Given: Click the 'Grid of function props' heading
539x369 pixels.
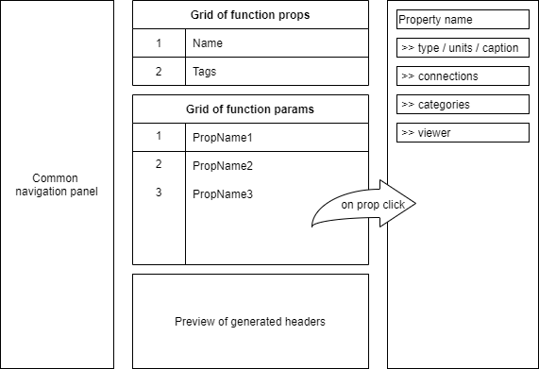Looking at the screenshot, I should (250, 15).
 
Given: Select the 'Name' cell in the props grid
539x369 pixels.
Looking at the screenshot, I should (208, 43).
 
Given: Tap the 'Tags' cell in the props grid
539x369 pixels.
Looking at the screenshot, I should (206, 72).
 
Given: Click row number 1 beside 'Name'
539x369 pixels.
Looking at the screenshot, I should (159, 43).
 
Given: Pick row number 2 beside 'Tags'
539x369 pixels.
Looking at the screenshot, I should (159, 72).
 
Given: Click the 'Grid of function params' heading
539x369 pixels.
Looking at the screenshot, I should (250, 109).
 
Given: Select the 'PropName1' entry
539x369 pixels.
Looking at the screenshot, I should (222, 138).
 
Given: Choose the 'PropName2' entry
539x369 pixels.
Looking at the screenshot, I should (222, 166).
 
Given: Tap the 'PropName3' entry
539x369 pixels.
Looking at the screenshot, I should (222, 194).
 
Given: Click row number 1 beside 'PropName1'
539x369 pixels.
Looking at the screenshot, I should (159, 136).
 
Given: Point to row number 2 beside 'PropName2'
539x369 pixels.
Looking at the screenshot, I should (159, 164).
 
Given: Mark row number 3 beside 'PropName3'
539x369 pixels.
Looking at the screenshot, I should (159, 193).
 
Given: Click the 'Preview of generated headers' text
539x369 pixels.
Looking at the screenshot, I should (250, 322).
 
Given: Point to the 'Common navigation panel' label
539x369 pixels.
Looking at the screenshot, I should (58, 185).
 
